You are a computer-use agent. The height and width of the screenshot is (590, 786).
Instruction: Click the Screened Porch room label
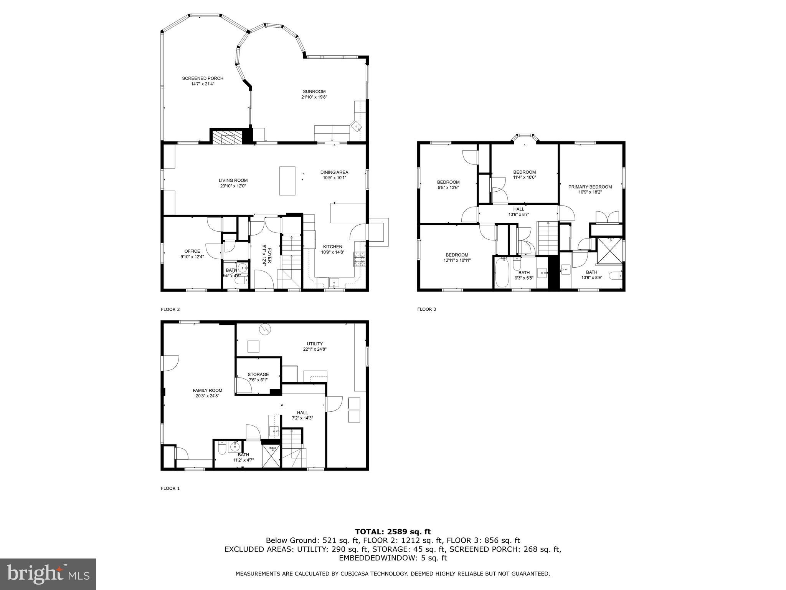(x=202, y=78)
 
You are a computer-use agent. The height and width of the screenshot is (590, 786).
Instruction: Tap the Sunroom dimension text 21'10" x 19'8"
(x=314, y=97)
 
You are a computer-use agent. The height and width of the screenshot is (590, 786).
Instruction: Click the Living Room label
(x=233, y=180)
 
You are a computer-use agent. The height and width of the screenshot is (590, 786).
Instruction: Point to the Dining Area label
(x=334, y=172)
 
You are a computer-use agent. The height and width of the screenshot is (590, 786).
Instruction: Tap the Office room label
(x=192, y=251)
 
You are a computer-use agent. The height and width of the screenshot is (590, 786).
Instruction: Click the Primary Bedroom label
(x=590, y=187)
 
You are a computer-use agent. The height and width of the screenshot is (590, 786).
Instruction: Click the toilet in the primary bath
(x=616, y=276)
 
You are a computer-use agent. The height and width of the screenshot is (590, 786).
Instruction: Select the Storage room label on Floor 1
(x=258, y=375)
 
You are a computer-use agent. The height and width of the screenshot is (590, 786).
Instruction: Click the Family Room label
(x=207, y=390)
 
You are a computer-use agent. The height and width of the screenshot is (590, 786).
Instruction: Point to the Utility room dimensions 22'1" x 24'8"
(x=315, y=349)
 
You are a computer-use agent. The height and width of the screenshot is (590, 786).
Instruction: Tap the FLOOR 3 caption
(x=426, y=309)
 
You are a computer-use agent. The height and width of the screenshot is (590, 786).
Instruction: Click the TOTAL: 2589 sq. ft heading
(x=393, y=532)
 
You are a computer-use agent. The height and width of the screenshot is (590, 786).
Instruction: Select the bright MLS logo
(x=48, y=574)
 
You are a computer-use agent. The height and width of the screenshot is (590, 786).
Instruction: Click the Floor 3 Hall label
(x=518, y=209)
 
